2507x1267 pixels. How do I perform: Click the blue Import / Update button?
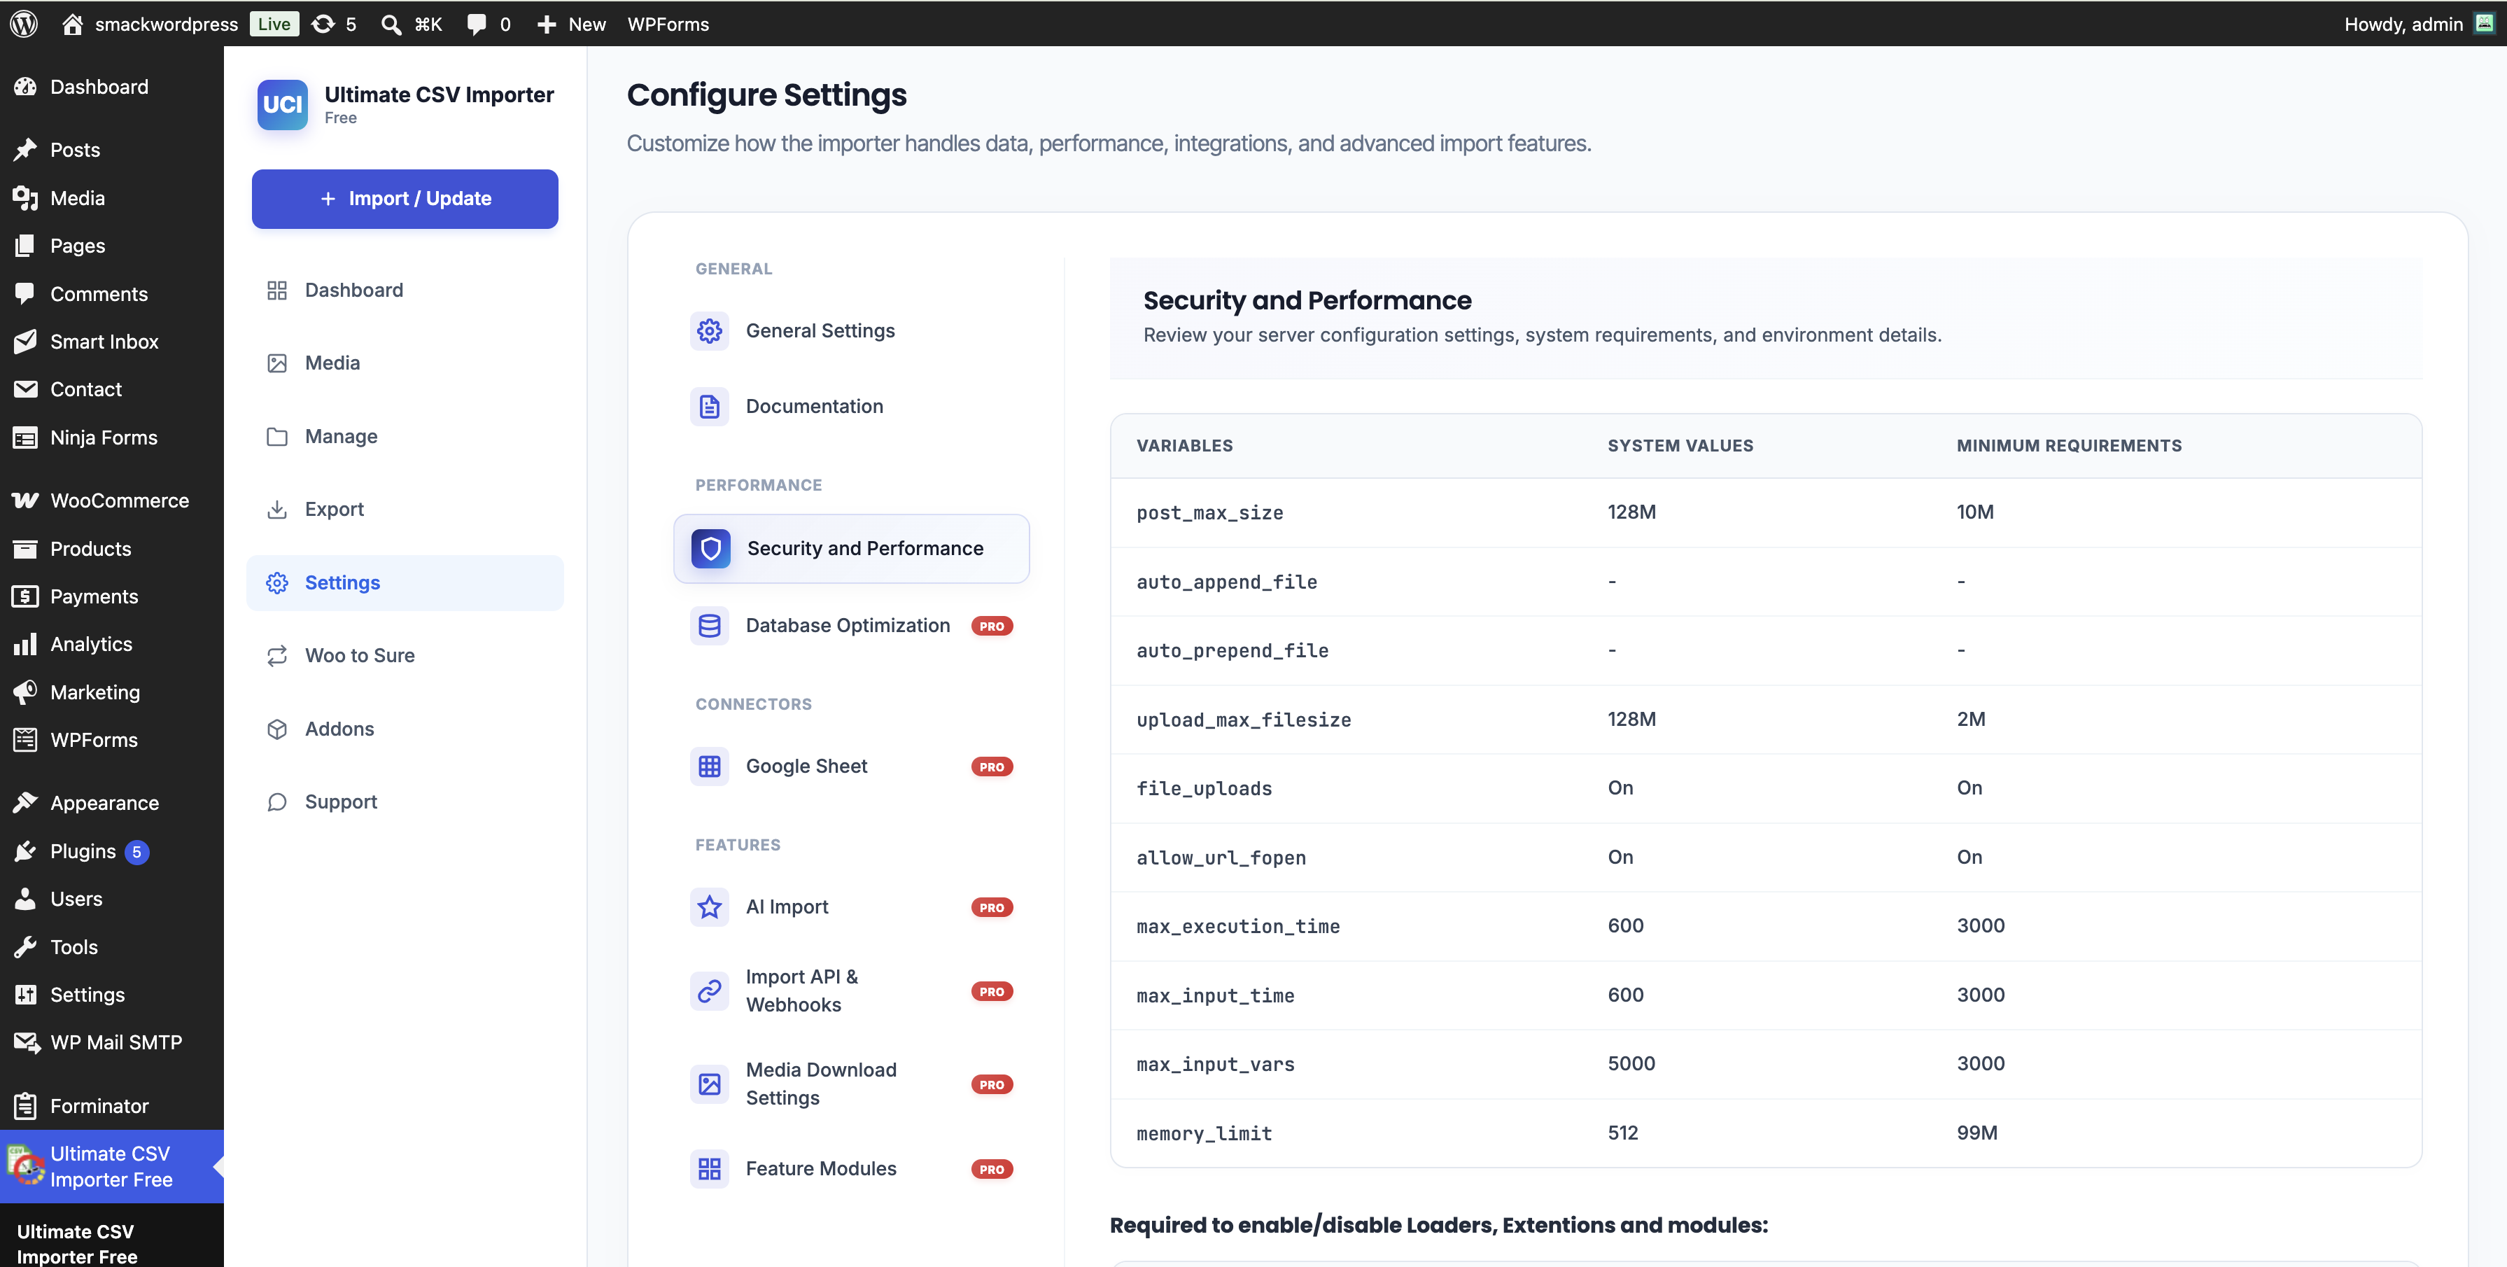coord(405,199)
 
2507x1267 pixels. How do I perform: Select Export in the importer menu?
coord(334,509)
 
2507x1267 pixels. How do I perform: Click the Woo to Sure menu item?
coord(359,655)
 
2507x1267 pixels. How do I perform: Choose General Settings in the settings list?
coord(820,331)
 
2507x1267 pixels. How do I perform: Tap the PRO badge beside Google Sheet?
coord(992,766)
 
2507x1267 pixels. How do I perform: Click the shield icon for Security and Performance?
coord(710,549)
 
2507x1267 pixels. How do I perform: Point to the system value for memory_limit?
coord(1622,1133)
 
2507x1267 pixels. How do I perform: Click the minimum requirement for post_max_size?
coord(1974,512)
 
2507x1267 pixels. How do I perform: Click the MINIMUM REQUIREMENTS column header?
coord(2069,446)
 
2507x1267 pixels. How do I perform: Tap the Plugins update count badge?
coord(136,851)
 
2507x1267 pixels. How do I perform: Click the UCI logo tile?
coord(282,104)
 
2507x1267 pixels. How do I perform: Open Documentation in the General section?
coord(813,406)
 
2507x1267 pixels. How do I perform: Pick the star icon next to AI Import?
coord(710,907)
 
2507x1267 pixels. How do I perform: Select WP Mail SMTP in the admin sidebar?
coord(115,1042)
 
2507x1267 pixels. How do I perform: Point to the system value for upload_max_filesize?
coord(1631,719)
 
